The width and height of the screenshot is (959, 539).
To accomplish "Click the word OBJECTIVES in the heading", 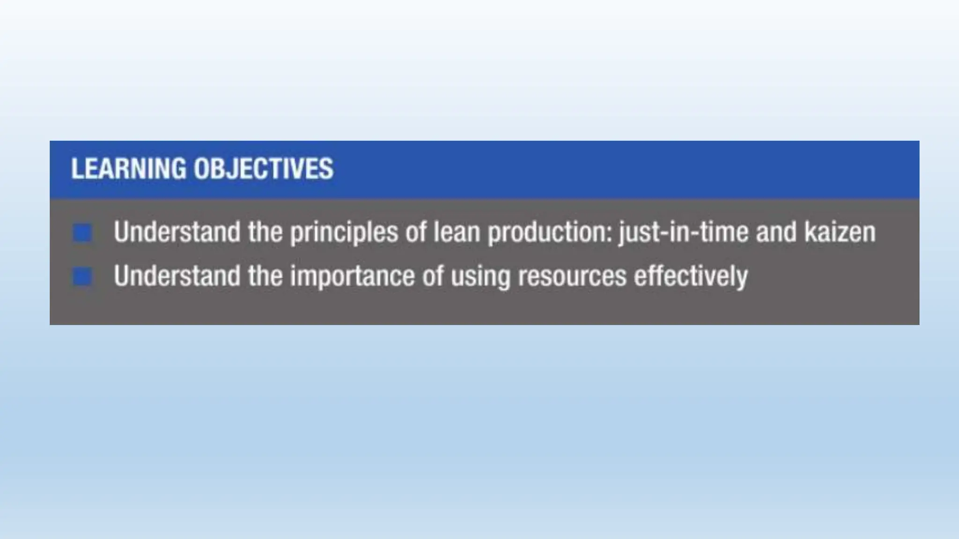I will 264,169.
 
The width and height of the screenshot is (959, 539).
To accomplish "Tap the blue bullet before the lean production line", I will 82,233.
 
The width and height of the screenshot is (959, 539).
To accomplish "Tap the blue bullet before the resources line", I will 82,277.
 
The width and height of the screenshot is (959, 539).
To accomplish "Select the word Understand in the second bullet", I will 177,276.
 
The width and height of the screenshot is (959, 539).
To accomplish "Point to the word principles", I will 344,233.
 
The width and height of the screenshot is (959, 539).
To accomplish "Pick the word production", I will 550,233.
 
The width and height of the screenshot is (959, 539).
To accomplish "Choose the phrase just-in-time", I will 683,233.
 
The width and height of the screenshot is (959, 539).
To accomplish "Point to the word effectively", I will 691,277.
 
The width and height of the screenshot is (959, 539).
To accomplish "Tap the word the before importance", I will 265,276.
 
